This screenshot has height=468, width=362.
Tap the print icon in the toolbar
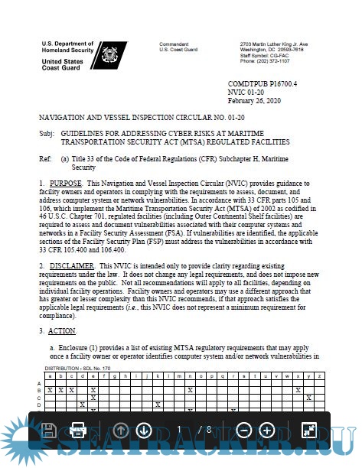tap(77, 430)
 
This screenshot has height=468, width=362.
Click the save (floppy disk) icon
tap(47, 430)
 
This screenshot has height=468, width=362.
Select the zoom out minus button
tap(243, 430)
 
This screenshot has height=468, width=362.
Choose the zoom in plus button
tap(267, 430)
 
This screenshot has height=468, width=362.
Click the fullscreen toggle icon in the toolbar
tap(309, 430)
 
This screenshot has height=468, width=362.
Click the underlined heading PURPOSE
tap(65, 185)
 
